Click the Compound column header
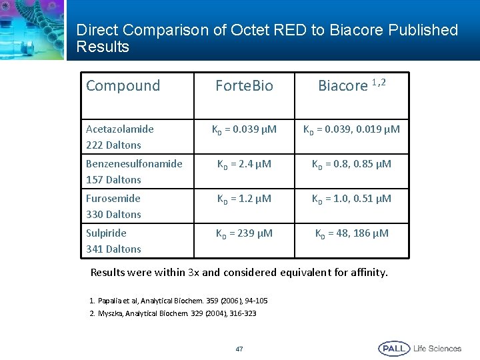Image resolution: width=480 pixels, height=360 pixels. point(123,85)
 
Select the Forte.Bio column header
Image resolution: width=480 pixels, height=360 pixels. point(244,85)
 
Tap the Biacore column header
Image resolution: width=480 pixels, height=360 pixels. point(351,85)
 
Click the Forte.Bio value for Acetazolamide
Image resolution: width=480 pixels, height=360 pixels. point(244,129)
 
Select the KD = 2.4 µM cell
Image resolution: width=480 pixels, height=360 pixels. point(244,164)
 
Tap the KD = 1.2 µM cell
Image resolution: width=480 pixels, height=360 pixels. point(244,199)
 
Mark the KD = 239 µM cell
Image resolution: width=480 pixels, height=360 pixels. point(244,233)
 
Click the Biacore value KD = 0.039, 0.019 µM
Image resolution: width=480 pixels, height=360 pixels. point(351,129)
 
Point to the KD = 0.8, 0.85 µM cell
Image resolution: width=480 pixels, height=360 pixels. point(351,164)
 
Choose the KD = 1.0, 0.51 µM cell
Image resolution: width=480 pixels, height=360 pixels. point(351,199)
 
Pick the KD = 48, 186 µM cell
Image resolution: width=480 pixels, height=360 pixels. point(351,233)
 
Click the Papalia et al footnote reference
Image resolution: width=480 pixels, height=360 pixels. point(178,301)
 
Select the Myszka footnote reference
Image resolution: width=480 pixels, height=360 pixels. point(173,313)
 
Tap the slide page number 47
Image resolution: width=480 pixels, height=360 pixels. point(239,349)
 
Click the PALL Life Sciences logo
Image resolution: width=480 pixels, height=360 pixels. point(419,348)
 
